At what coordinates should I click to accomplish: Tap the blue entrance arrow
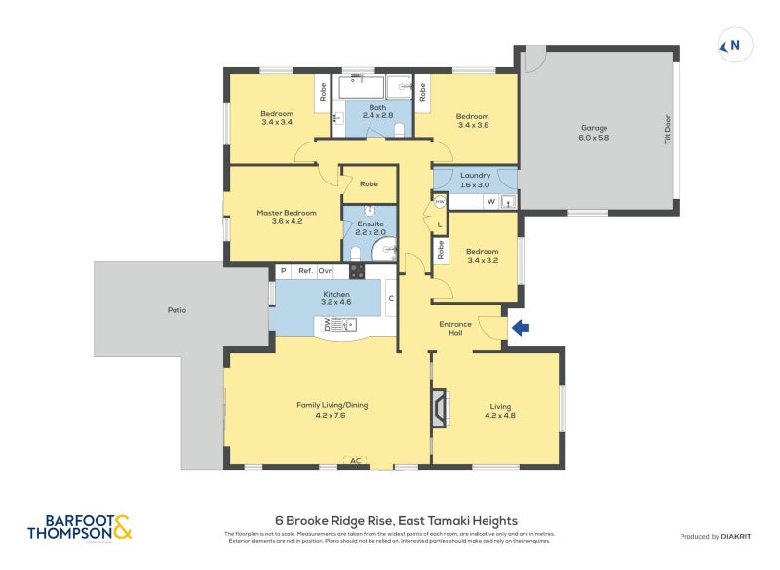click(520, 329)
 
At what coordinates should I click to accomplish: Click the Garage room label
click(595, 132)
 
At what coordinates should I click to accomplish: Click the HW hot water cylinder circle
click(440, 202)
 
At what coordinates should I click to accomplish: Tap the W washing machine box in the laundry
click(490, 202)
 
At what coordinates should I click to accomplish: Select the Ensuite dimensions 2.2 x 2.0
click(370, 232)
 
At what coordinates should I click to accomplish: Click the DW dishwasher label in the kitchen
click(327, 325)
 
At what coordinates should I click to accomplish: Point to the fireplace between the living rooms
click(441, 408)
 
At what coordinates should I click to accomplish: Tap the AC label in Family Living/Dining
click(355, 459)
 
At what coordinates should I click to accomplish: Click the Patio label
click(175, 310)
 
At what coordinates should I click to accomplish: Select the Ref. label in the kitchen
click(305, 270)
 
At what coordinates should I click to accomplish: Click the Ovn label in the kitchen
click(326, 270)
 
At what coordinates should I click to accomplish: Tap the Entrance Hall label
click(455, 328)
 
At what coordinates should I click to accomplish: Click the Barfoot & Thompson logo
click(79, 528)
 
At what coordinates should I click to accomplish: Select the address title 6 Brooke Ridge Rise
click(395, 520)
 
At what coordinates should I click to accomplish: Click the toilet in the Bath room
click(399, 130)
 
